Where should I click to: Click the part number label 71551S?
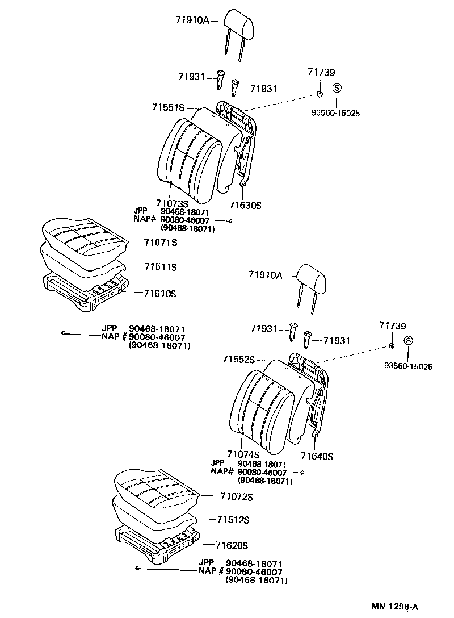[169, 107]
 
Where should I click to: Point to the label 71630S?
[245, 205]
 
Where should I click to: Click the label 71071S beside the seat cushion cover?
[161, 243]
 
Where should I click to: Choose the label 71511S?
[161, 266]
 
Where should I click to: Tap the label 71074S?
[243, 454]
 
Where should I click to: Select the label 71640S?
[317, 456]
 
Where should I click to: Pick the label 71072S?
[235, 497]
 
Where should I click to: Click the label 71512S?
[233, 520]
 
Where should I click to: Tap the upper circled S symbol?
[336, 88]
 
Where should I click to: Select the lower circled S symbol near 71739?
[407, 341]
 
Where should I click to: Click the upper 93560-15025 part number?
[335, 113]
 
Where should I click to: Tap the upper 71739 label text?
[321, 72]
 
